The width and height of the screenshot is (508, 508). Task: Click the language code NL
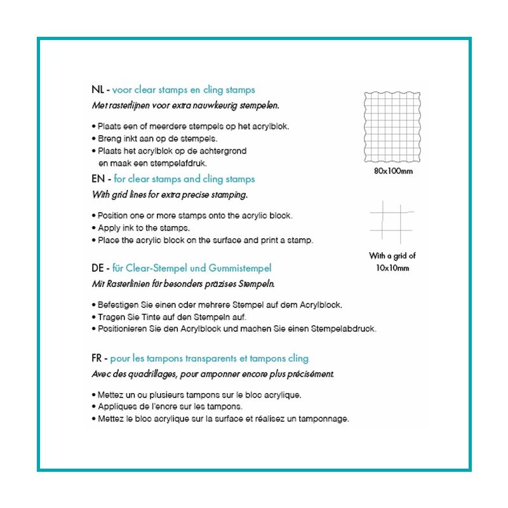pos(98,90)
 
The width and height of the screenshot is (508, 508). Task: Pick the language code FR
pos(98,359)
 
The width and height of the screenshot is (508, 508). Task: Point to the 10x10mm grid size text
pos(392,268)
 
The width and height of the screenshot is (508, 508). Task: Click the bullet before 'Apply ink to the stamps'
pos(94,228)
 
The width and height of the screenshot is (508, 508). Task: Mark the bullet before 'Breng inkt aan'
pos(94,138)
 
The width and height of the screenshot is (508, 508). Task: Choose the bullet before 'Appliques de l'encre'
pos(94,406)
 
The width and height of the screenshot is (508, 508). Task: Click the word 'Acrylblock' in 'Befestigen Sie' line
pos(321,305)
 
